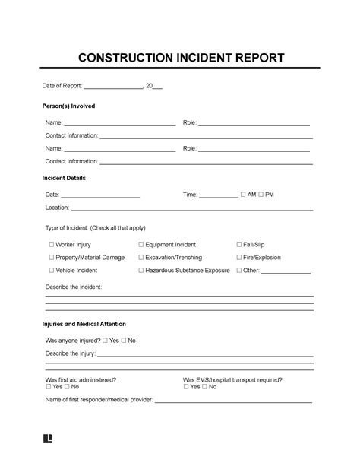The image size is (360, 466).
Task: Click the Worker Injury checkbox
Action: [51, 245]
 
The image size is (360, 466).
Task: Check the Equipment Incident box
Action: [141, 245]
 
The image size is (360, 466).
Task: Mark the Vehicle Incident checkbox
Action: [51, 270]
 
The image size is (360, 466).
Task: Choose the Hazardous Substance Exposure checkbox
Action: [141, 270]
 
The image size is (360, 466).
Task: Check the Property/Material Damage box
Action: [51, 258]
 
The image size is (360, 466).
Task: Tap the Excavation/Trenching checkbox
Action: [141, 258]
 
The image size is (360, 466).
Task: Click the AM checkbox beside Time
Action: [243, 195]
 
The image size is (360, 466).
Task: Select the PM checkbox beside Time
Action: [261, 195]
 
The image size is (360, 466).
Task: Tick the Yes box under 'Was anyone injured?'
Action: [105, 341]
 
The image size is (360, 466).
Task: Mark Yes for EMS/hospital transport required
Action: [186, 386]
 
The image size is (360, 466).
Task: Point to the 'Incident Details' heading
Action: [65, 178]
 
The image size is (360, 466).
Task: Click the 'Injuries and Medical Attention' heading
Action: [90, 324]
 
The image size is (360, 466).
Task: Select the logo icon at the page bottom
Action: [49, 439]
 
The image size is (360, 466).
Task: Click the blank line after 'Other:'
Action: [286, 272]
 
